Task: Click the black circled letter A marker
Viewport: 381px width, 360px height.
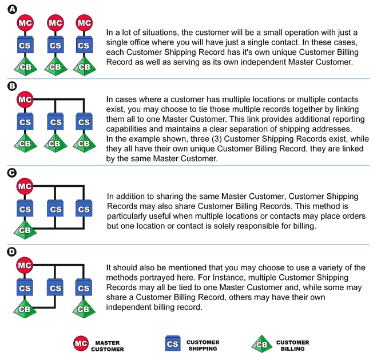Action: coord(13,10)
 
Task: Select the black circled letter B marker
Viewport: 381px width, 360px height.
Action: coord(12,86)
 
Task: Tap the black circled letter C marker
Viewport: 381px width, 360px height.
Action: coord(12,173)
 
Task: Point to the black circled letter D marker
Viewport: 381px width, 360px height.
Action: coord(12,252)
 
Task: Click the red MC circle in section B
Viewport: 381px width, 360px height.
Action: coord(25,99)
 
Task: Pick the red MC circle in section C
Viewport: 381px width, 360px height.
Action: coord(25,186)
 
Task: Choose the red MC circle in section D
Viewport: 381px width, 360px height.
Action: coord(25,265)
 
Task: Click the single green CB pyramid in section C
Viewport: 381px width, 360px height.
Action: coord(25,230)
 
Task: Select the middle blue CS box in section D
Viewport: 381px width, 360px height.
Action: coord(55,287)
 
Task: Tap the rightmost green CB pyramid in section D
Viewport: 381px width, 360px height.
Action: coord(84,309)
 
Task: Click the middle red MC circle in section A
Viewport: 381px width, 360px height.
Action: coord(55,23)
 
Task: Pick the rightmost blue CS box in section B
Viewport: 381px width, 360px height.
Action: coord(84,121)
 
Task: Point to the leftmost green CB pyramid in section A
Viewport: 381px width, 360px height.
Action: coord(26,66)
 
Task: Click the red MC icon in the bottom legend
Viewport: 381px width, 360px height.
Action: coord(81,343)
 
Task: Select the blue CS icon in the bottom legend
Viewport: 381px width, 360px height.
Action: coord(173,343)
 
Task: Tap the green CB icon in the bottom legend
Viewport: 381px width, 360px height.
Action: coord(262,344)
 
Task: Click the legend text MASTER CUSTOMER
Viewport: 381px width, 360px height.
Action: coord(108,346)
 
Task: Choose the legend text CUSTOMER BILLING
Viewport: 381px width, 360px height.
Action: coord(293,346)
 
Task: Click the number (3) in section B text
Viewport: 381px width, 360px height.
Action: coord(217,139)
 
